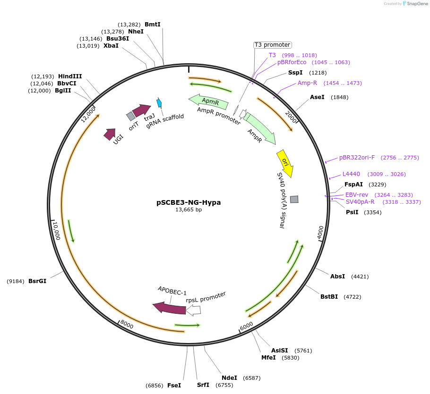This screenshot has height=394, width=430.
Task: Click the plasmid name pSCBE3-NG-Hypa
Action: pyautogui.click(x=189, y=202)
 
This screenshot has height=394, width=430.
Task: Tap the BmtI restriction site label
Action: pyautogui.click(x=152, y=25)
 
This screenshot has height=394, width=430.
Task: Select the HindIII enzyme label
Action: pyautogui.click(x=70, y=76)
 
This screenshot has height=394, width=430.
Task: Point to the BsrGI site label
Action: pyautogui.click(x=37, y=281)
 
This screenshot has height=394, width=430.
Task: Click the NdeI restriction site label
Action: pyautogui.click(x=229, y=378)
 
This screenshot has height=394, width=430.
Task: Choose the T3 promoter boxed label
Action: pyautogui.click(x=272, y=45)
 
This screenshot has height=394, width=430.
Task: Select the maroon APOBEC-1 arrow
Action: pyautogui.click(x=169, y=308)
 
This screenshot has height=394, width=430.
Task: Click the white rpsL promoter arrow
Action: pyautogui.click(x=194, y=310)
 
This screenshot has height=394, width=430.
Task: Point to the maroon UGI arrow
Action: pyautogui.click(x=110, y=134)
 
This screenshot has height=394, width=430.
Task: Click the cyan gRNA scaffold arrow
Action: pyautogui.click(x=159, y=103)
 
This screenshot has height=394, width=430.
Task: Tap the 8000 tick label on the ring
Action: pyautogui.click(x=126, y=325)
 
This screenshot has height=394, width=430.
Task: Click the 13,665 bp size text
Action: pyautogui.click(x=189, y=210)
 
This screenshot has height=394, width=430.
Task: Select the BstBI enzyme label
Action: pyautogui.click(x=329, y=297)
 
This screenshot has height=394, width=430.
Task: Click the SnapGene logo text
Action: pyautogui.click(x=416, y=4)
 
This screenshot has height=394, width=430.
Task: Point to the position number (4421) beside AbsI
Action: pyautogui.click(x=360, y=277)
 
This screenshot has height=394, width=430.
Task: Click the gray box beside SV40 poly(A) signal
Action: pyautogui.click(x=294, y=200)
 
